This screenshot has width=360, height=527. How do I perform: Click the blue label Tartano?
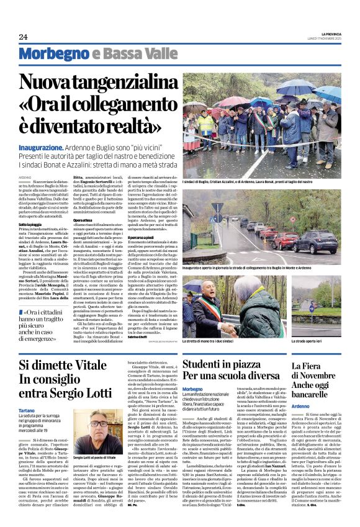(27, 394)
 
